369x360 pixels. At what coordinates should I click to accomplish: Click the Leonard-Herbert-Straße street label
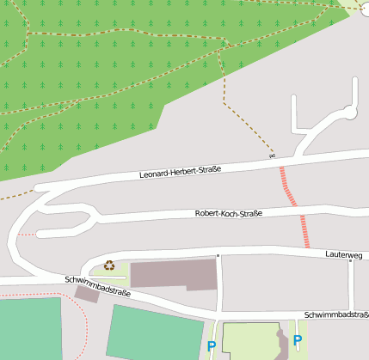coord(181,172)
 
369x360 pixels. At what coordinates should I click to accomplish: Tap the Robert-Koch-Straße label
coord(228,213)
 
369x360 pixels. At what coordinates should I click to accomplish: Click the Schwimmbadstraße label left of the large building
coord(97,286)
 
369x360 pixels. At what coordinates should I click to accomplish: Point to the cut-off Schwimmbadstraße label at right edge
coord(336,314)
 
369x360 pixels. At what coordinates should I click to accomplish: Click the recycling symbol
coord(109,265)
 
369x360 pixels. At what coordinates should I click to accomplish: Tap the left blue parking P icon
coord(212,347)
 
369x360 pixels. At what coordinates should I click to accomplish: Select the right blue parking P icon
coord(298,340)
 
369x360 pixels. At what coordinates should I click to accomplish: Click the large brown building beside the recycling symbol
coord(172,274)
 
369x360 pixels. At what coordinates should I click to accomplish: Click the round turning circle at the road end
coord(350,112)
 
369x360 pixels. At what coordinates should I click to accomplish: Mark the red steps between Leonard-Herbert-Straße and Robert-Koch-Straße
coord(286,186)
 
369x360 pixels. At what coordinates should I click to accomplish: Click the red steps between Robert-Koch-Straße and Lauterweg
coord(304,230)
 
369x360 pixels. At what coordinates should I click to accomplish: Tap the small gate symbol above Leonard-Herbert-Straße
coord(272,156)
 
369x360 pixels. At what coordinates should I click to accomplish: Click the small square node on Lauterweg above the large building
coord(218,255)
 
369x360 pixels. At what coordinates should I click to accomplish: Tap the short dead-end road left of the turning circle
coord(294,116)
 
